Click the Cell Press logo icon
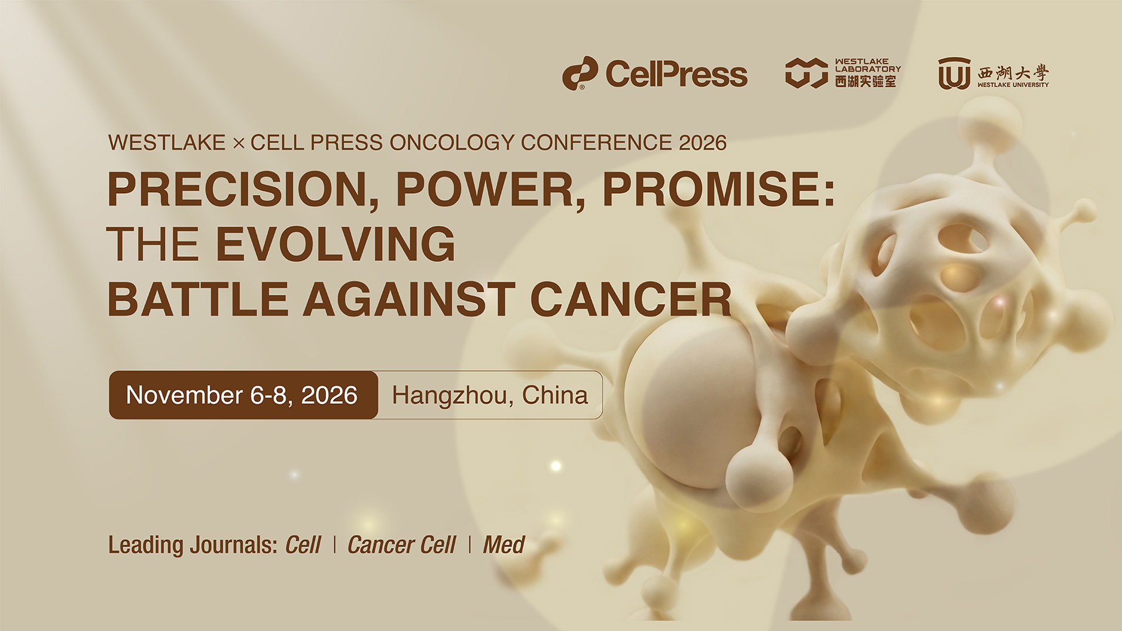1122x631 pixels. pos(580,73)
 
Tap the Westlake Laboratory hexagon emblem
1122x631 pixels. pos(806,73)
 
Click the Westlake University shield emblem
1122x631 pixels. pos(954,73)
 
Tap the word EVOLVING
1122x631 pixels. pos(335,244)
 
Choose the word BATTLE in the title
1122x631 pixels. pos(198,299)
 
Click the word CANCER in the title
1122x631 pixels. pos(631,299)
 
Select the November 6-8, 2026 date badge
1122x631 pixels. pos(243,395)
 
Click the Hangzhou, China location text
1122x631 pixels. pos(490,395)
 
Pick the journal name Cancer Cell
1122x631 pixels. pos(401,545)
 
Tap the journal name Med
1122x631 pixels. pos(504,545)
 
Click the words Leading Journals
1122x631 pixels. pos(193,545)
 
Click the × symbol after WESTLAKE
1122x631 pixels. pos(238,143)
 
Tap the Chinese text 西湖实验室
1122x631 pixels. pos(865,81)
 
